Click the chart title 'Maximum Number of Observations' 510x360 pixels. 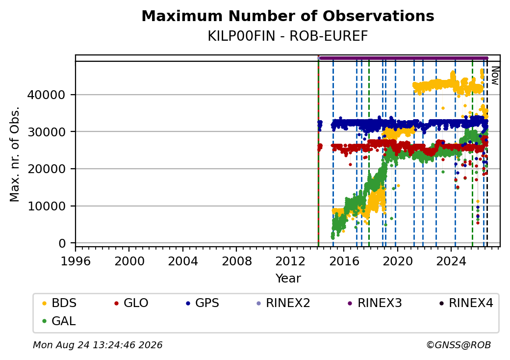tap(288, 16)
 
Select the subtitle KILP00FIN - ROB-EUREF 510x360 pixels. tap(288, 36)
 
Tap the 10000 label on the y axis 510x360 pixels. tap(47, 206)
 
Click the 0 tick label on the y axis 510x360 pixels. tap(62, 243)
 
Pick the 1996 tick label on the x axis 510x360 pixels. tap(76, 261)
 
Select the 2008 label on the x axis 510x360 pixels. tap(236, 261)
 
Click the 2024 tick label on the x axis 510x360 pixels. tap(451, 261)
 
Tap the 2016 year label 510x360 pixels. tap(344, 261)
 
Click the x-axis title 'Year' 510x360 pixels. tap(288, 279)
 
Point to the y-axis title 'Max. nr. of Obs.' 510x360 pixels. tap(15, 154)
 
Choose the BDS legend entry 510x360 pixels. tap(59, 303)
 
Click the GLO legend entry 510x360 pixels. tap(131, 303)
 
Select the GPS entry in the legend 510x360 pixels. tap(203, 303)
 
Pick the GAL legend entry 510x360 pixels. tap(59, 321)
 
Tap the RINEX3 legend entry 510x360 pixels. tap(375, 303)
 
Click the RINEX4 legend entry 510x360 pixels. tap(466, 303)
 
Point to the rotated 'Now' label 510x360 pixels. tap(495, 76)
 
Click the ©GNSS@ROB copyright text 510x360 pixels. tap(459, 345)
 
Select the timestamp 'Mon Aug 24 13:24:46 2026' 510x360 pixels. tap(98, 345)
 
